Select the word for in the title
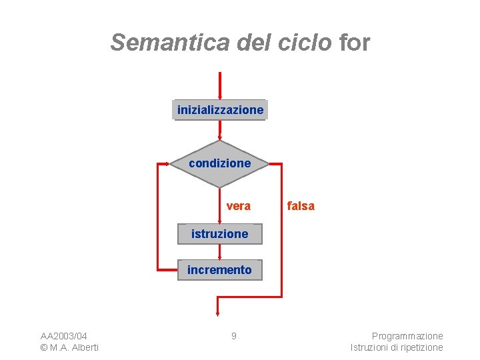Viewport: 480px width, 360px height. (354, 43)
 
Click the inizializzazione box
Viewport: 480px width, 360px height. (220, 109)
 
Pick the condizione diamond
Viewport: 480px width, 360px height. (220, 163)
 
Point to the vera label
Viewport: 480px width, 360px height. (238, 206)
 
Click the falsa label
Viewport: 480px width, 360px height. (301, 206)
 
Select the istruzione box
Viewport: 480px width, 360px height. (220, 234)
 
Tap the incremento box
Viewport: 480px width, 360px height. (220, 270)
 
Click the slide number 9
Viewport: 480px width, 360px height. (233, 336)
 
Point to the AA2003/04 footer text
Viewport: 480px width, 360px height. (64, 336)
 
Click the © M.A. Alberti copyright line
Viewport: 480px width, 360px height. (69, 347)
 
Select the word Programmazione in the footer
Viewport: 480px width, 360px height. (407, 336)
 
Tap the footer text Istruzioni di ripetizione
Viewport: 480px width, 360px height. (397, 347)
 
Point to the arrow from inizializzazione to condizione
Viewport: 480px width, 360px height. (219, 130)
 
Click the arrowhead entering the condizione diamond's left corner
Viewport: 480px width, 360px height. (167, 163)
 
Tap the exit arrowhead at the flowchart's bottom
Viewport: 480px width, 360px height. (218, 311)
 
